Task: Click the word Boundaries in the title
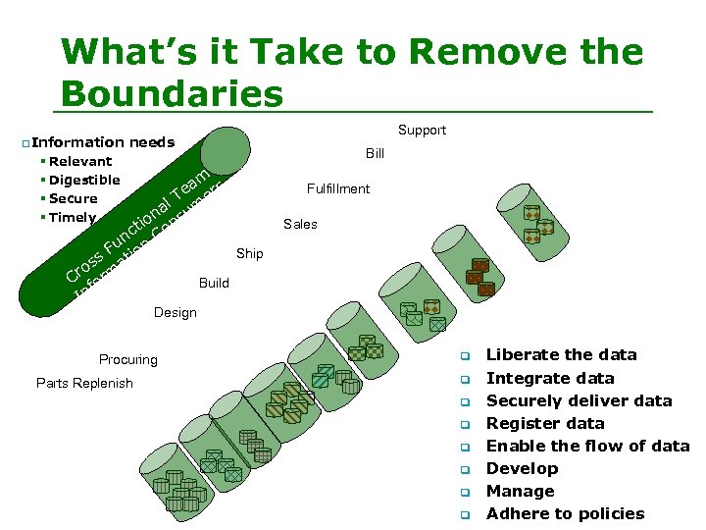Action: click(172, 93)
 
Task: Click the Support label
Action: click(422, 130)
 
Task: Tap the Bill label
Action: click(375, 153)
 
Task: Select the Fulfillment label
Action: click(337, 188)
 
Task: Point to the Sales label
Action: click(300, 224)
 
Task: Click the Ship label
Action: click(249, 253)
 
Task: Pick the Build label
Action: click(214, 283)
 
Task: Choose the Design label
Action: click(175, 312)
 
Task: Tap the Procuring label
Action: click(127, 359)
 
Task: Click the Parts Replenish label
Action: click(84, 383)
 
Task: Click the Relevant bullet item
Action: click(80, 161)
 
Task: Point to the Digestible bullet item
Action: click(84, 180)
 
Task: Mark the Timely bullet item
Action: click(73, 217)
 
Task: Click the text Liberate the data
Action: click(561, 354)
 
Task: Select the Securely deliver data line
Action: click(579, 400)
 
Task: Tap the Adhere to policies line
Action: click(565, 513)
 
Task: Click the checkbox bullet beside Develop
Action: click(468, 469)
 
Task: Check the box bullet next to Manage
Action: click(468, 492)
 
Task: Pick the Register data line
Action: click(545, 423)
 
